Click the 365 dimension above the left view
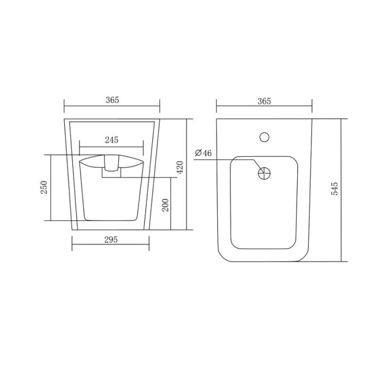(112, 100)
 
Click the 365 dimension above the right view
(264, 101)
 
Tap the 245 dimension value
(111, 140)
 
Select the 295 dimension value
(111, 240)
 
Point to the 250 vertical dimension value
(44, 187)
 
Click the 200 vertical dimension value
(165, 205)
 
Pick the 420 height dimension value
(180, 167)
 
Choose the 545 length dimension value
(334, 188)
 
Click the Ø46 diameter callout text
(203, 153)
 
